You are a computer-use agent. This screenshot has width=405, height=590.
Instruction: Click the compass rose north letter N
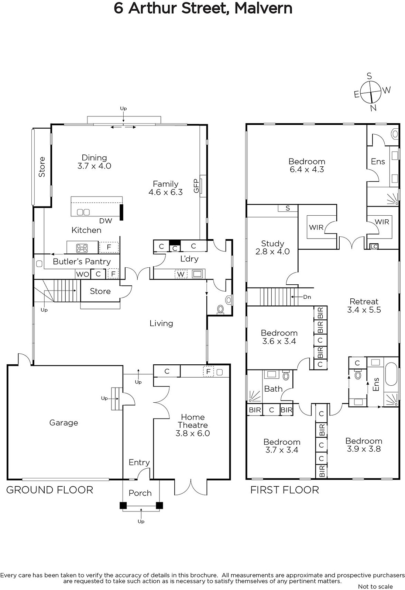tap(373, 108)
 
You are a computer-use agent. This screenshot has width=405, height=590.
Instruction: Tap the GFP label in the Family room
tap(196, 186)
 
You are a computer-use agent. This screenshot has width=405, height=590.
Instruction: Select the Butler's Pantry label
tap(82, 261)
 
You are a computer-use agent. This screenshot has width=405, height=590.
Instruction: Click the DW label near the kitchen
tap(106, 221)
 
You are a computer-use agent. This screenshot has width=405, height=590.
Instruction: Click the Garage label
tap(64, 423)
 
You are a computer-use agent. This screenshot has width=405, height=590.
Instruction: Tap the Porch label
tap(140, 493)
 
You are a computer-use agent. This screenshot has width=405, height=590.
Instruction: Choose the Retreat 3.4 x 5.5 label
tap(364, 306)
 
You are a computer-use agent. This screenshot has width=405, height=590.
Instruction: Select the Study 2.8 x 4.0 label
tap(272, 247)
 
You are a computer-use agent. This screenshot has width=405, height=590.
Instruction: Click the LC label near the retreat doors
tap(374, 247)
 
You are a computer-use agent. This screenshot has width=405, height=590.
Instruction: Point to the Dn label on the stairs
tap(307, 297)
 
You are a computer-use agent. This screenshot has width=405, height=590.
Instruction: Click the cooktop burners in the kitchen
tap(82, 248)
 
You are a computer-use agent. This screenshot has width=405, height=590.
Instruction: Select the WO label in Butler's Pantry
tap(83, 274)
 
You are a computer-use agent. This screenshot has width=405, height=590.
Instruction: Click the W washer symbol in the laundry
tap(181, 274)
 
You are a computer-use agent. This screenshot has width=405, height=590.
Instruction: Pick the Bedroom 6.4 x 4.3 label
tap(307, 165)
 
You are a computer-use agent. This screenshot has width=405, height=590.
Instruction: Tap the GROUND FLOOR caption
tap(49, 490)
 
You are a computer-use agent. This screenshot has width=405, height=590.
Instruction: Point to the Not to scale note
tap(375, 586)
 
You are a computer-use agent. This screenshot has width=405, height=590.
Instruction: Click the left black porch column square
tap(123, 506)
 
